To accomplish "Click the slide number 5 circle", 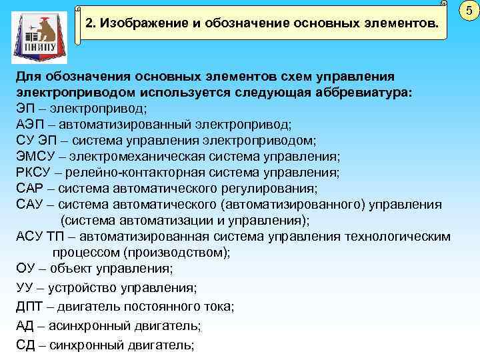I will [x=469, y=11].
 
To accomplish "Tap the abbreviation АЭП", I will [x=30, y=124].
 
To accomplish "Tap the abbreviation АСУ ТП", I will [x=40, y=237].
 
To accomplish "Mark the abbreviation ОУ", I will [x=25, y=269].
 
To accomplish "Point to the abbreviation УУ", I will [x=25, y=287].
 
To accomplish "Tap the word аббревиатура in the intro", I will [x=353, y=92].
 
